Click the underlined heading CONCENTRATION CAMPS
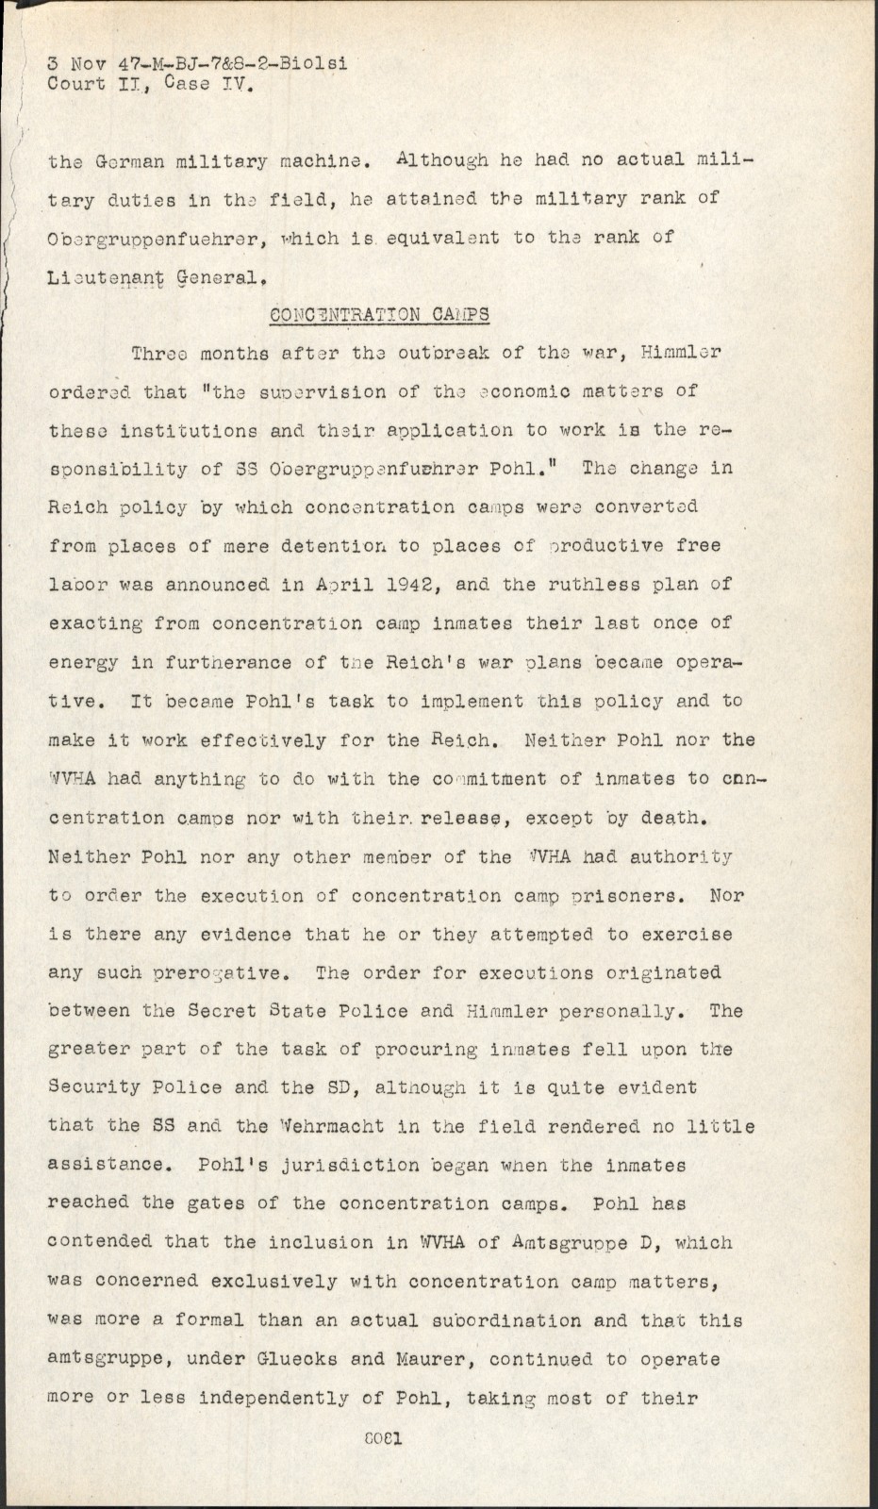point(379,314)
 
